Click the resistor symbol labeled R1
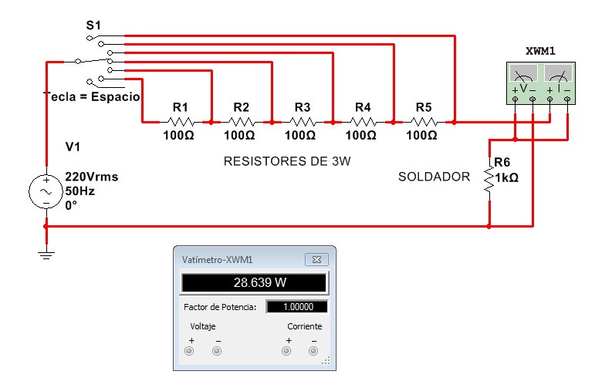[180, 122]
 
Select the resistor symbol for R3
[302, 122]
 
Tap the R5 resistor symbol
[423, 122]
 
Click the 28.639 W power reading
[255, 282]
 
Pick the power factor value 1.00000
[297, 307]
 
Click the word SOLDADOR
[434, 177]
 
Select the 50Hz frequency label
[80, 190]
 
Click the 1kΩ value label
[506, 177]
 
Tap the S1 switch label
[93, 26]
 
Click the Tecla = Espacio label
[92, 97]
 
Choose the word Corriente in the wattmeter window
[304, 326]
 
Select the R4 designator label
[363, 106]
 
